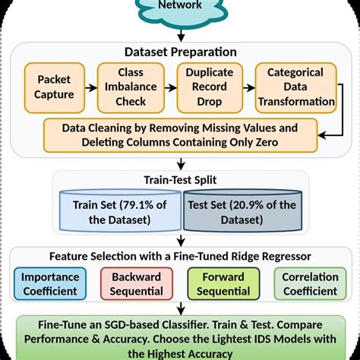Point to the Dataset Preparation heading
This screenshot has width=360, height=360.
pos(180,52)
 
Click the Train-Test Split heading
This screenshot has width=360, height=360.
pos(180,182)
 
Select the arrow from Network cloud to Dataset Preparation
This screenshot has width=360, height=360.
pos(180,33)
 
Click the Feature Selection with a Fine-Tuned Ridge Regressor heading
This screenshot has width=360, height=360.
pos(180,256)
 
